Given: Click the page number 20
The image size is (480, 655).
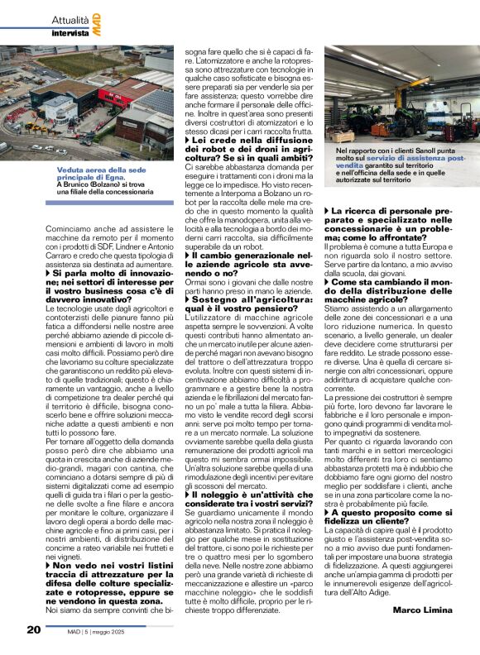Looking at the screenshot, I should tap(34, 630).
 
